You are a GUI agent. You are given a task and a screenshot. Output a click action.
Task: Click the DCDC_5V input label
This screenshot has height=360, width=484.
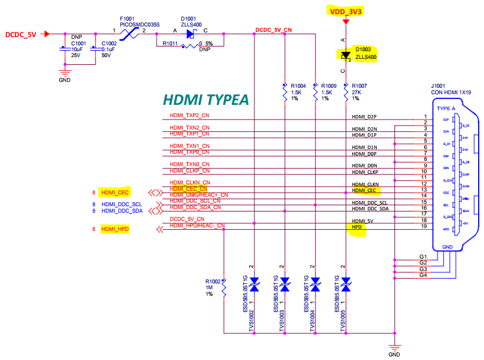click(21, 34)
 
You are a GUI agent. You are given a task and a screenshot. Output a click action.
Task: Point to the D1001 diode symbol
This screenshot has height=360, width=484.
click(190, 34)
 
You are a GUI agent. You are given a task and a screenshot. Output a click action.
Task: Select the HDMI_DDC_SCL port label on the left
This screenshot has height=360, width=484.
click(122, 204)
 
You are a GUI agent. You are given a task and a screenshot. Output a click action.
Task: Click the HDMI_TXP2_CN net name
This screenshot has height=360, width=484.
click(190, 115)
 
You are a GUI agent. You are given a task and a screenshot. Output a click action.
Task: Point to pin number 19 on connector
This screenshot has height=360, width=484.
click(424, 226)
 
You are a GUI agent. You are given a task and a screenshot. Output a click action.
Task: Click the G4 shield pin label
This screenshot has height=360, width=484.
click(422, 275)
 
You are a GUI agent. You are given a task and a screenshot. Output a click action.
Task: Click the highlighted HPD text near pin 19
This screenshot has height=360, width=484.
click(357, 227)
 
